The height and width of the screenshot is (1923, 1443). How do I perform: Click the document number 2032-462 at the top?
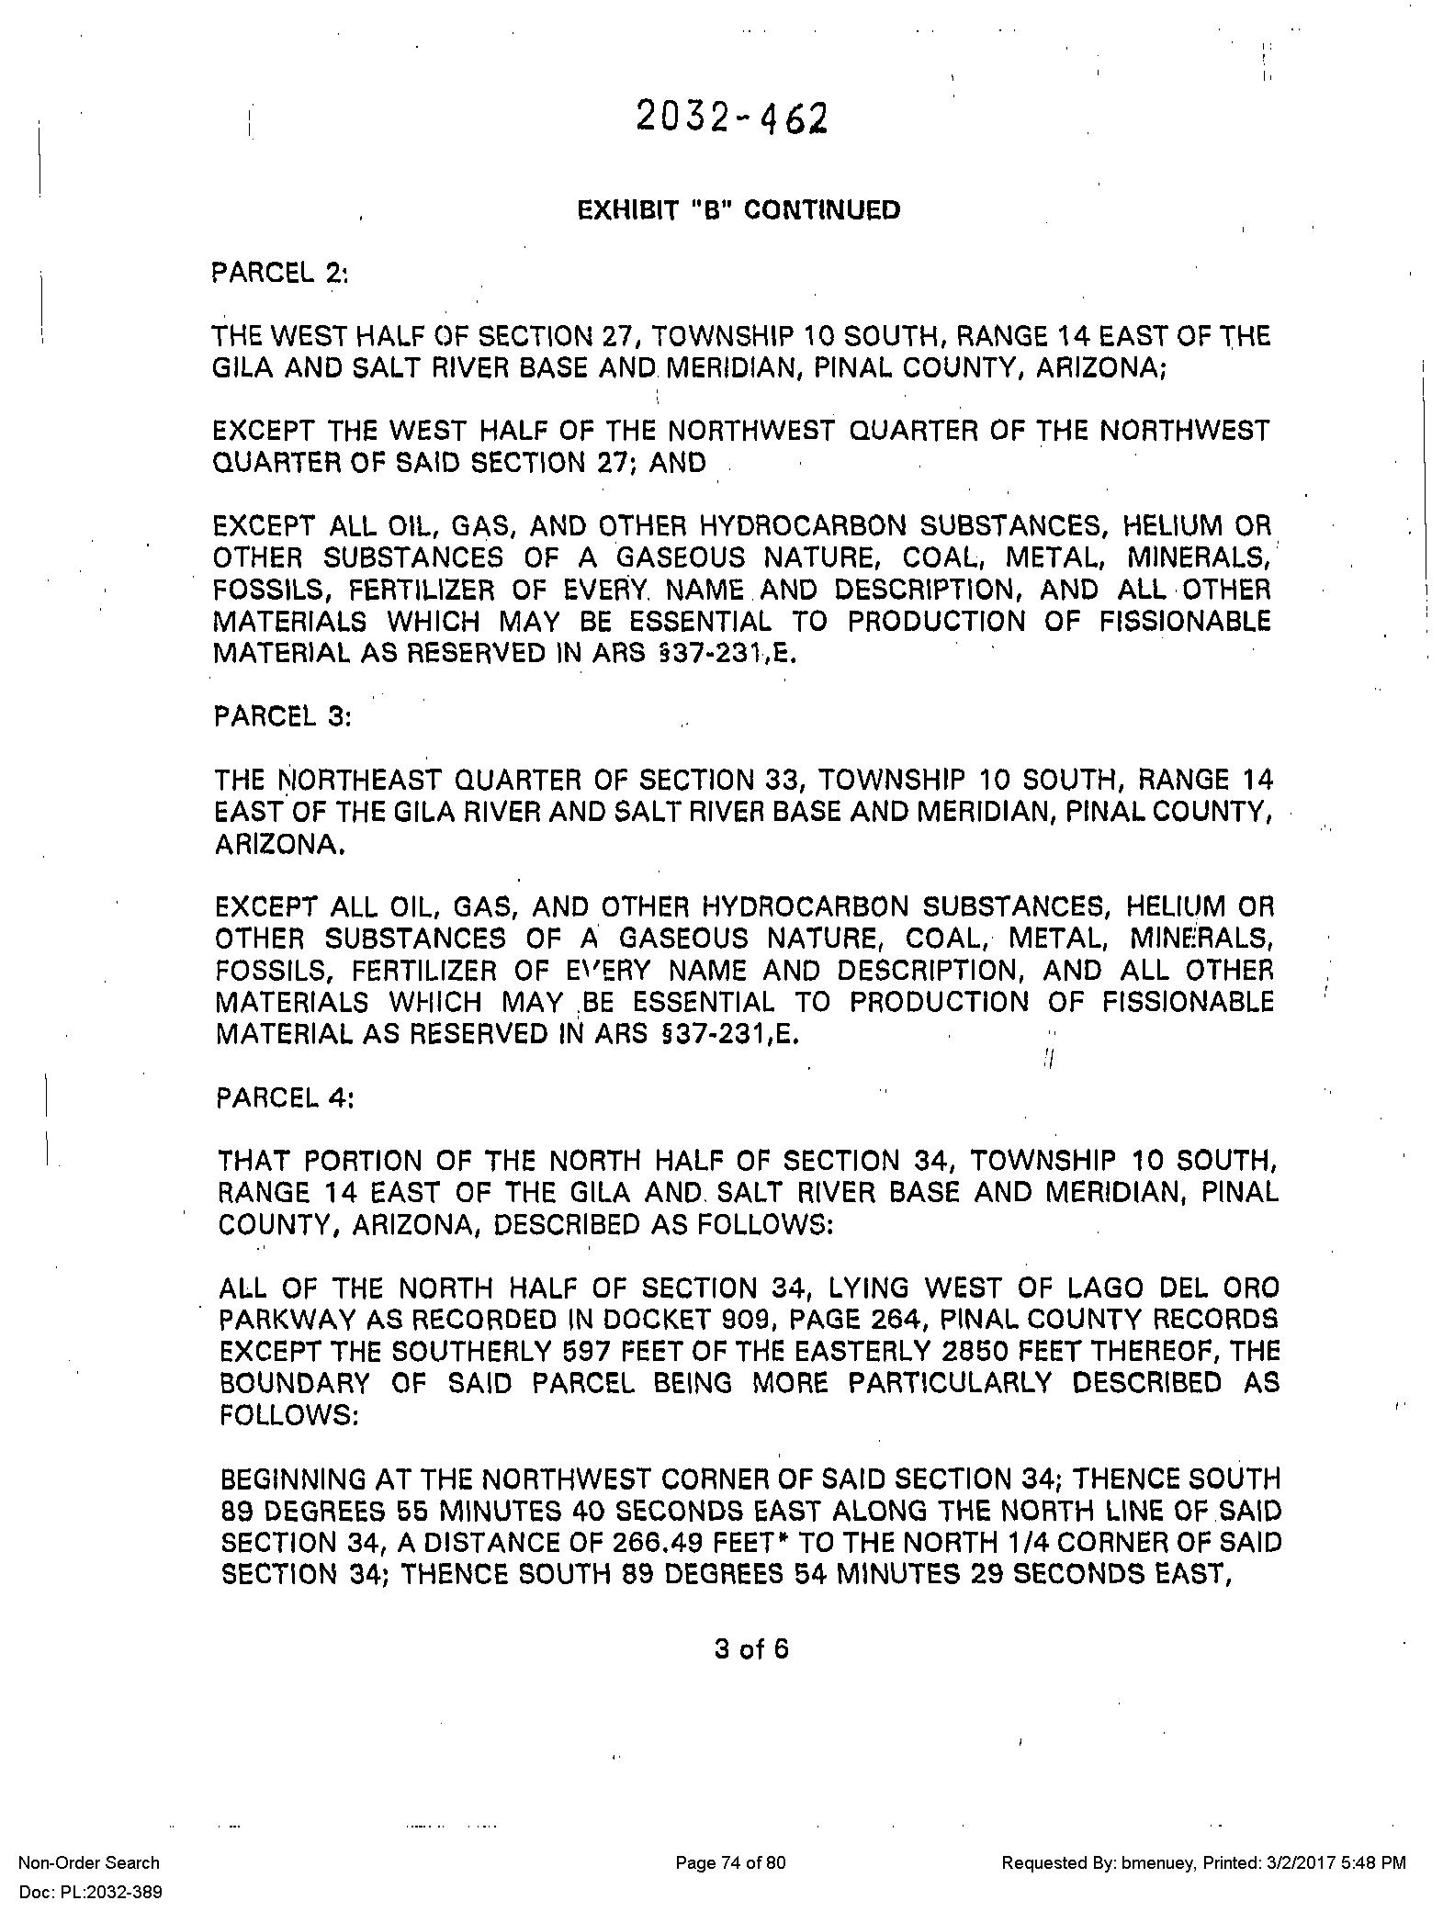(731, 118)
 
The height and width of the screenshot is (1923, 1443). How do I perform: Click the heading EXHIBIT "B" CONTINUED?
(738, 210)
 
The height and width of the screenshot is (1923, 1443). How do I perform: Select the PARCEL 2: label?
(280, 274)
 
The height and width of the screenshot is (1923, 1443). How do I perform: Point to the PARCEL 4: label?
(285, 1099)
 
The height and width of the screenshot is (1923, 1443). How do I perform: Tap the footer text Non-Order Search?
(89, 1862)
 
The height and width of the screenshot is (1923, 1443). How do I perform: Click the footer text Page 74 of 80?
(730, 1862)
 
